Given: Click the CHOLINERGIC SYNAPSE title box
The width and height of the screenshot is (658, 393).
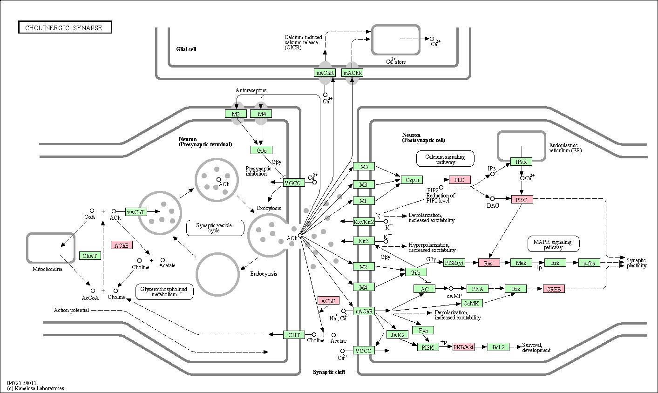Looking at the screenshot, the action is [65, 27].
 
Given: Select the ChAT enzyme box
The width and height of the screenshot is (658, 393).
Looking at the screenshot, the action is [90, 256].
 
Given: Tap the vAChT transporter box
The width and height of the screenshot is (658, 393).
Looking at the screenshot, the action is [136, 212].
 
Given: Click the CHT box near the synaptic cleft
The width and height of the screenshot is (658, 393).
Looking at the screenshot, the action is [294, 335].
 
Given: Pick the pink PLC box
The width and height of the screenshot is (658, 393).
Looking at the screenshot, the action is [460, 180].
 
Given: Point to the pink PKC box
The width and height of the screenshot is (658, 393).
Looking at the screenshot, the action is [522, 200].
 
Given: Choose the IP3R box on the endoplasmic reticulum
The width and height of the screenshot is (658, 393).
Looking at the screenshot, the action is [521, 162].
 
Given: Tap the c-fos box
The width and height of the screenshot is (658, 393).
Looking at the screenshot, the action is [589, 263].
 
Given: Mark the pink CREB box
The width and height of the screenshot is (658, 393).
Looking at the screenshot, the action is [554, 289].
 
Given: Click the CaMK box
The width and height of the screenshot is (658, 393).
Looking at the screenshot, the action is [471, 303].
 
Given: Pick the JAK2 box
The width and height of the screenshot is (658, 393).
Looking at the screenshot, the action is [397, 334].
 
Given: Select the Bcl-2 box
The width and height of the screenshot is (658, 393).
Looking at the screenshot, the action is [498, 347].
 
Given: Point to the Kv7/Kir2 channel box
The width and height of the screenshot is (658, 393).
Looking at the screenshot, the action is [364, 222].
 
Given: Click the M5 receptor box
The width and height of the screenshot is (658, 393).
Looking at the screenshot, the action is [364, 167].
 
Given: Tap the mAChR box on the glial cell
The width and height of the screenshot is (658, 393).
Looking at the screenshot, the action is [352, 73].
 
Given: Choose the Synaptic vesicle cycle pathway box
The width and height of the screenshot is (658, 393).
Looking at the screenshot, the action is [215, 228].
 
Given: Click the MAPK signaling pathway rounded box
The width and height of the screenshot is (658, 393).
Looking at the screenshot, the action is [553, 244].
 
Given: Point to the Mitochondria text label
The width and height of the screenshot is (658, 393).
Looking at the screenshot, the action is [47, 269].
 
